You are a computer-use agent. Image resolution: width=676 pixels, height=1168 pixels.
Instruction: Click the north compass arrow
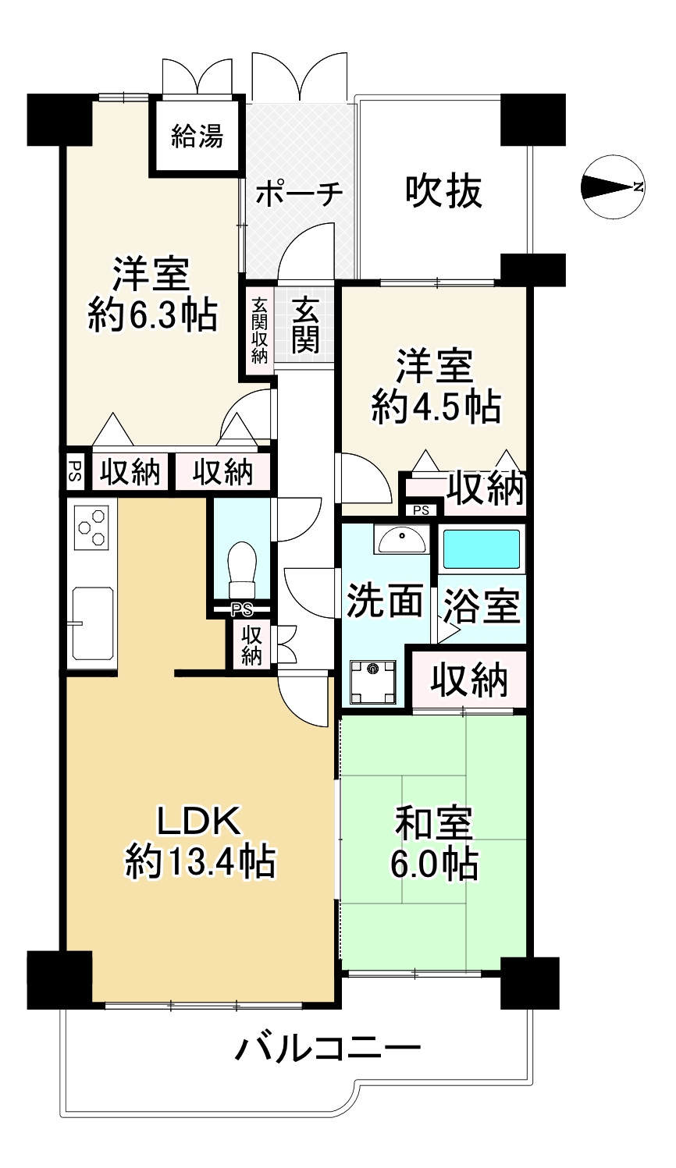pyautogui.click(x=612, y=186)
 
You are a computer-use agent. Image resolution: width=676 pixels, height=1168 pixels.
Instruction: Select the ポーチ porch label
pyautogui.click(x=299, y=193)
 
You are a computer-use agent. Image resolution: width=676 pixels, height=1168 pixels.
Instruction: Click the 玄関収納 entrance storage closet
pyautogui.click(x=259, y=331)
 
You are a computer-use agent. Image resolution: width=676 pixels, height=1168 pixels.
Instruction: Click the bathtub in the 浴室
pyautogui.click(x=482, y=549)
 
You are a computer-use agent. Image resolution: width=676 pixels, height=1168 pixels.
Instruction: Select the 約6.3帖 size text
pyautogui.click(x=152, y=315)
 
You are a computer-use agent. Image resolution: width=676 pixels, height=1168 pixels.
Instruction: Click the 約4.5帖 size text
pyautogui.click(x=436, y=407)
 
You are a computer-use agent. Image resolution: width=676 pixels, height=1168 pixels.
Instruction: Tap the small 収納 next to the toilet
pyautogui.click(x=251, y=644)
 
